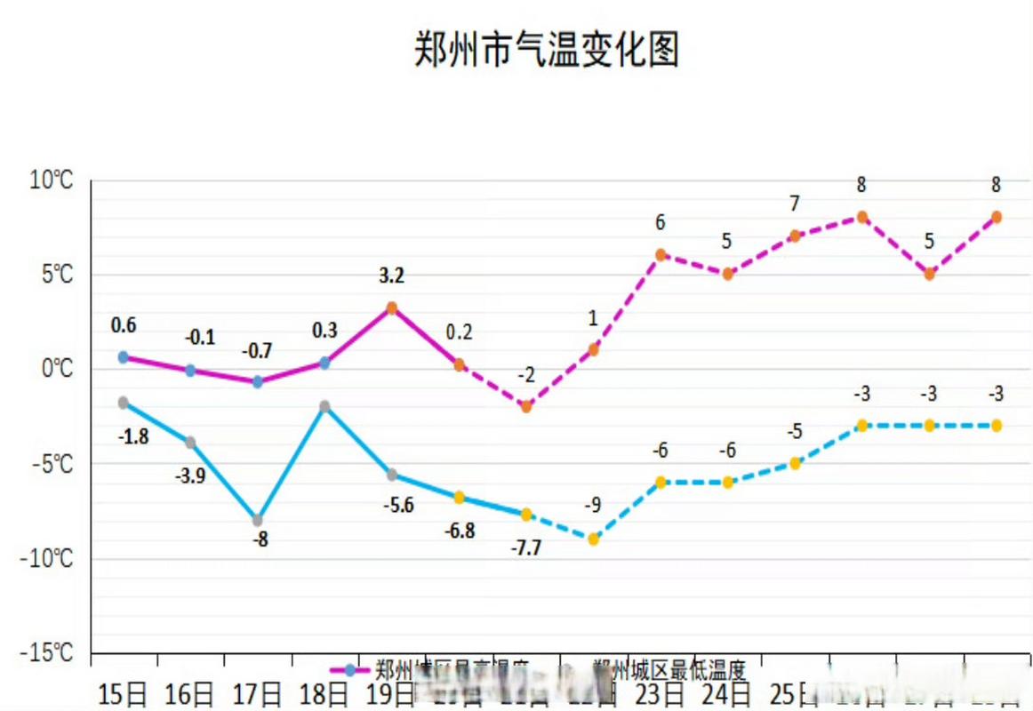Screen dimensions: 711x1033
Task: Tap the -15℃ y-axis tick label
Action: (46, 653)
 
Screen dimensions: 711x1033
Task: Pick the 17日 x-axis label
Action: (257, 693)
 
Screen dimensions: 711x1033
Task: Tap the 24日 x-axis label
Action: (727, 693)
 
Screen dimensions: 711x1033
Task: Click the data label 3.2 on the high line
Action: (391, 276)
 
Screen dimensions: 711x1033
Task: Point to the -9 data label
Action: (593, 506)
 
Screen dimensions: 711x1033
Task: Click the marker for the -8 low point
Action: (257, 520)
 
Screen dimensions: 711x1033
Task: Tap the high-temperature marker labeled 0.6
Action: (123, 357)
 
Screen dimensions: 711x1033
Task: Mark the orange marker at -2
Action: (526, 406)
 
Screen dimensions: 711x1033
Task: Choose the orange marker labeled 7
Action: (795, 236)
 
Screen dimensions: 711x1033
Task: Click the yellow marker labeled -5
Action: (795, 463)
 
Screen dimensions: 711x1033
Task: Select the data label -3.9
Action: (190, 475)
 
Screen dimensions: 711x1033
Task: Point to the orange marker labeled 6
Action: (661, 255)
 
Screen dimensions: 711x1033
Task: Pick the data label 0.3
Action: (324, 331)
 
